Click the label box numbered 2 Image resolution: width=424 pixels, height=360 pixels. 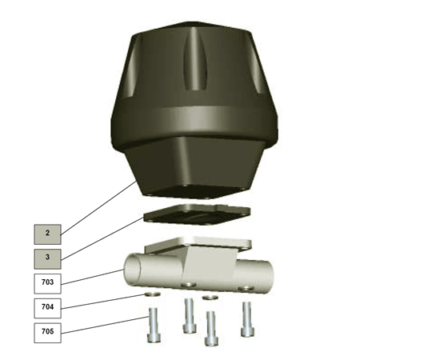click(47, 234)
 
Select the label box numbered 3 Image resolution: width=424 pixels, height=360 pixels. click(47, 259)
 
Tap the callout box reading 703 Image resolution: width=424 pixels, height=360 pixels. click(47, 283)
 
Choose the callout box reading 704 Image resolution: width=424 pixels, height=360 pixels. click(47, 308)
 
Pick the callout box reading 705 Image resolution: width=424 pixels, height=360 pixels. click(47, 333)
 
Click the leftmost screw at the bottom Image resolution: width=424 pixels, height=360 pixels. click(154, 326)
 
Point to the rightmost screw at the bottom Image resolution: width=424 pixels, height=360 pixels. click(247, 319)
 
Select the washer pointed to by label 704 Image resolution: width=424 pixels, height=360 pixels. click(153, 294)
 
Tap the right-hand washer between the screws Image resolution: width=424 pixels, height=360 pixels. click(210, 298)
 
